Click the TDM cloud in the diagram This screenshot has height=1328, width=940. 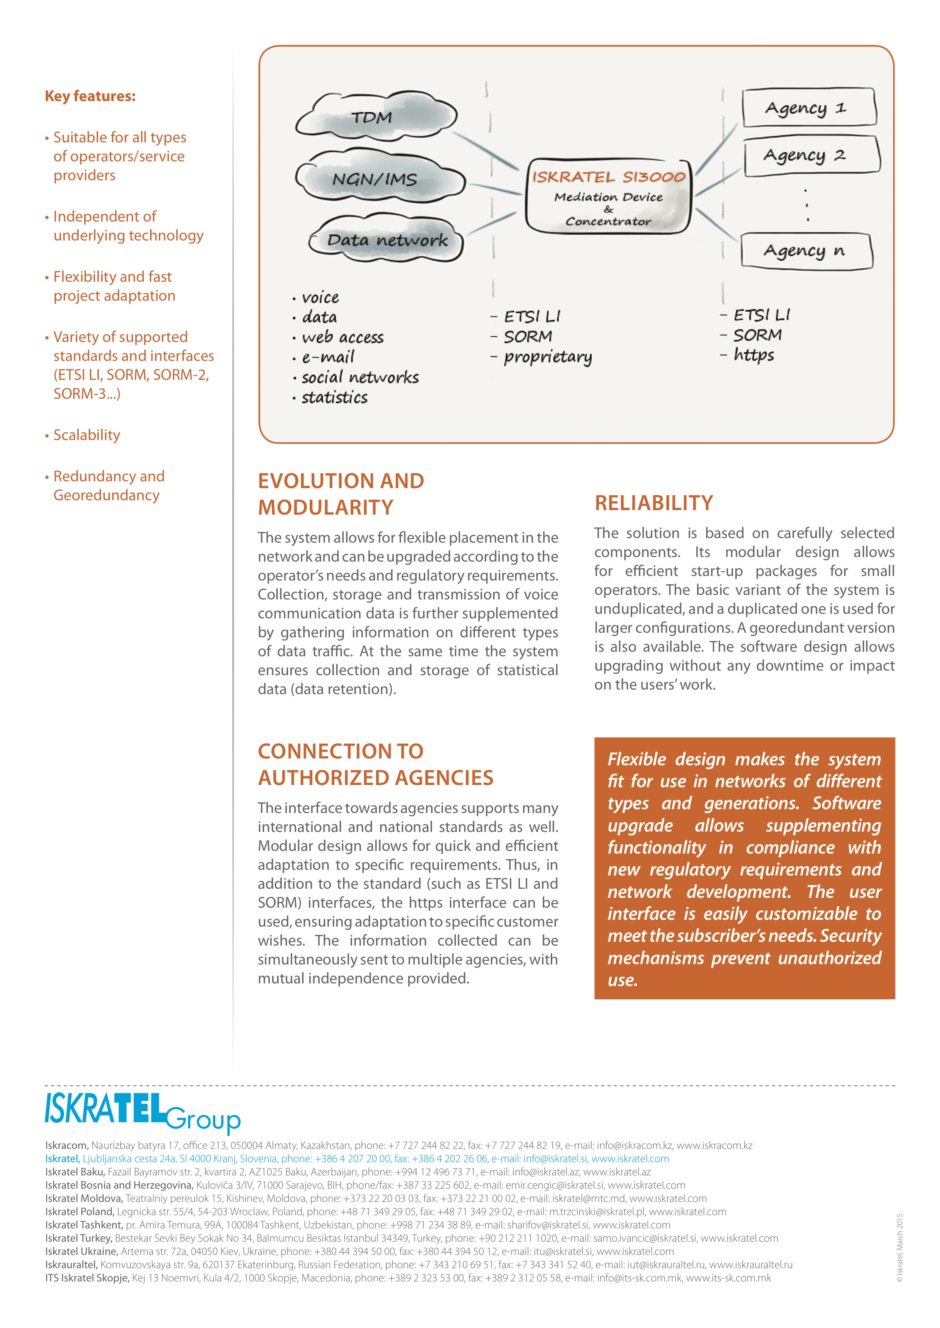point(375,117)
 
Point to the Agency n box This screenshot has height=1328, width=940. point(806,250)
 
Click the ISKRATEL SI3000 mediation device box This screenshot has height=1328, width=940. point(608,197)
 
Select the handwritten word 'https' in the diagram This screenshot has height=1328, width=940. point(754,354)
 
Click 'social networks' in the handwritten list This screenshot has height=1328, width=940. point(359,378)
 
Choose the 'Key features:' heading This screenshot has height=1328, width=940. point(90,96)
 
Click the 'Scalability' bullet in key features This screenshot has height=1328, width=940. point(87,435)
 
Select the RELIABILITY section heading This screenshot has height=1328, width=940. point(653,503)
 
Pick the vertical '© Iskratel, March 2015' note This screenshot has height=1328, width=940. point(899,1248)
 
